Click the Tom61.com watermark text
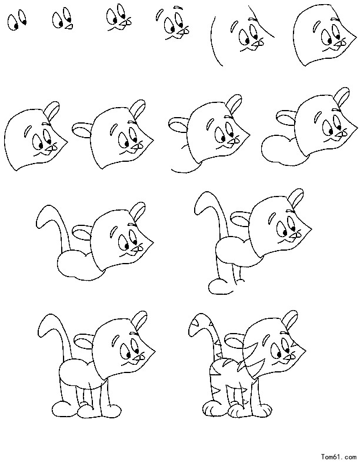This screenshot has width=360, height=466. (x=338, y=456)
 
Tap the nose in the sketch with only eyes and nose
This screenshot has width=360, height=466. (x=69, y=26)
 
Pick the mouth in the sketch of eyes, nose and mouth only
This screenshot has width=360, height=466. (x=118, y=28)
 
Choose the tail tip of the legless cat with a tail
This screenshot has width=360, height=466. (x=45, y=215)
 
